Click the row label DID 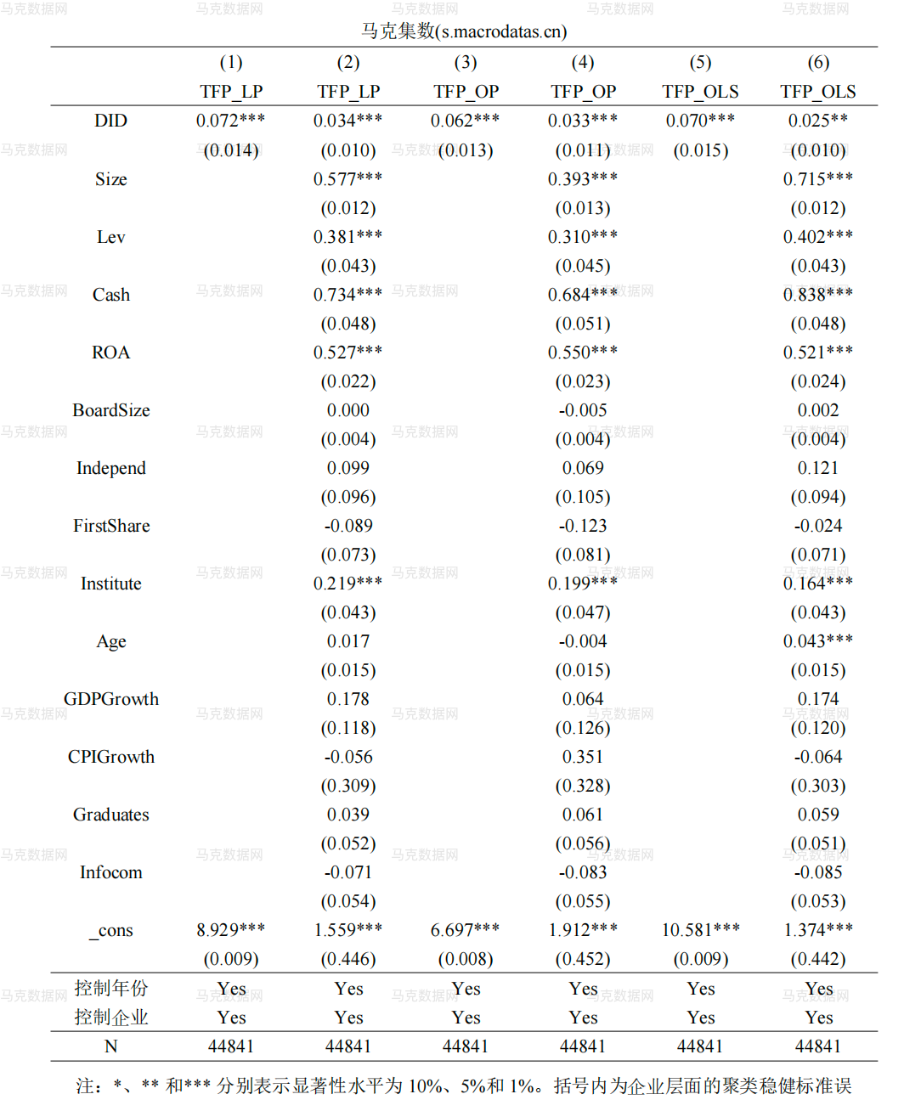(x=110, y=121)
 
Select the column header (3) (x=465, y=63)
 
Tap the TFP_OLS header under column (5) (x=700, y=92)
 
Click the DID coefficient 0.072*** (x=230, y=121)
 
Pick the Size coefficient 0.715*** (x=817, y=179)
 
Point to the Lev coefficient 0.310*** (x=582, y=237)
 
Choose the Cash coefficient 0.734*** (x=347, y=295)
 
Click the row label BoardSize (x=110, y=410)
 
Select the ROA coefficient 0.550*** (x=582, y=352)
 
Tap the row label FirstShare (x=110, y=526)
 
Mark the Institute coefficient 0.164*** (x=817, y=584)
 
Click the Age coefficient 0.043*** (x=817, y=641)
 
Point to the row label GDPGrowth (x=110, y=699)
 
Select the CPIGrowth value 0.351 (x=582, y=757)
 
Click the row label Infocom (x=110, y=872)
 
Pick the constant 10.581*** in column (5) (x=700, y=930)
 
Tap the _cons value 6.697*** (x=465, y=930)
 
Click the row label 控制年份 (x=110, y=988)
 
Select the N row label (x=110, y=1046)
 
